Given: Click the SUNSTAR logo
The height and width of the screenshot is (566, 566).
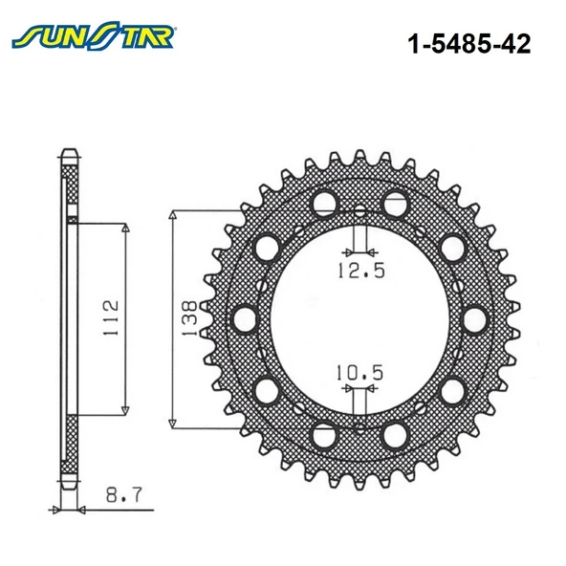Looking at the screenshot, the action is click(93, 35).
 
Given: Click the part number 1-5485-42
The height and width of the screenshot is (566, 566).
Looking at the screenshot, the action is click(468, 44).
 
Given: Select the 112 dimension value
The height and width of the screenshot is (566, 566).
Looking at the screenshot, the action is click(111, 317).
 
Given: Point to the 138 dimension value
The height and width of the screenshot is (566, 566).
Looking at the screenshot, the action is click(189, 318).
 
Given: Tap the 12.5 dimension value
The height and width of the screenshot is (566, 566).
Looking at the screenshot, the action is click(361, 270).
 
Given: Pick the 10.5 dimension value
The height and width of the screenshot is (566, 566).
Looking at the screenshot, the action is click(359, 373).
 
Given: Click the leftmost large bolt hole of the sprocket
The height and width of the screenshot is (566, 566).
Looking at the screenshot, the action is click(245, 319).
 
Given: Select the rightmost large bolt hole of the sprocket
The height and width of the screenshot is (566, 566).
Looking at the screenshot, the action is click(475, 319).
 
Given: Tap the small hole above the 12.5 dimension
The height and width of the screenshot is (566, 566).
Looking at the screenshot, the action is click(359, 211).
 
